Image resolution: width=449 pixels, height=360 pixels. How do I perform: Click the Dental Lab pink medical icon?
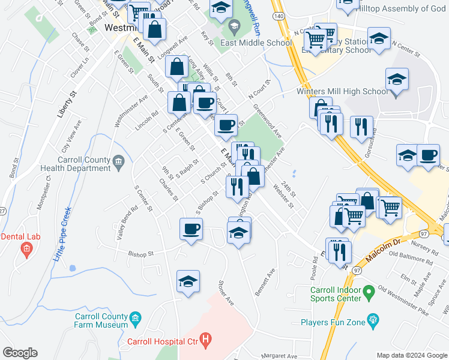[x=25, y=248]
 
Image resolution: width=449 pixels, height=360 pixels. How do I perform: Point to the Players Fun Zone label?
[x=334, y=322]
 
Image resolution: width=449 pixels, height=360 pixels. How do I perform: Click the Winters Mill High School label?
[x=343, y=92]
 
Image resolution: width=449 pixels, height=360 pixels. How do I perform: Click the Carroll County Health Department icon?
[x=118, y=160]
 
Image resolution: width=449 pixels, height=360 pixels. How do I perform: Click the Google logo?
[x=20, y=353]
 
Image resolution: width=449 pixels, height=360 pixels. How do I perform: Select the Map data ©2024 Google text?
[x=412, y=355]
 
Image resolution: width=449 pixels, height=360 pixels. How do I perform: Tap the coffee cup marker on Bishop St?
[x=191, y=229]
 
